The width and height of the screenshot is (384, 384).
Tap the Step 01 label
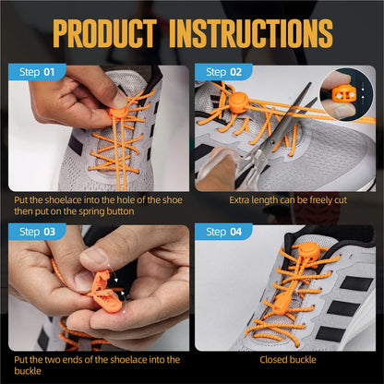[37, 72]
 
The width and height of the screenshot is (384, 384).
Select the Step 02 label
[223, 72]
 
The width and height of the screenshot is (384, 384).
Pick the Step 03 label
[37, 231]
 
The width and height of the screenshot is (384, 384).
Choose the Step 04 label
[223, 231]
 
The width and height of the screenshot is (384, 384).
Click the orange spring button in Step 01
[118, 112]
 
